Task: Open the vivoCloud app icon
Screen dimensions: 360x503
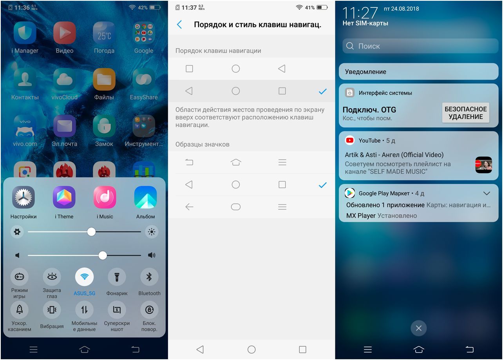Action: click(x=64, y=79)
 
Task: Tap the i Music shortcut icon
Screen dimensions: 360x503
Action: click(x=105, y=197)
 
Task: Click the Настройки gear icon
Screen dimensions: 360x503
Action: click(x=24, y=197)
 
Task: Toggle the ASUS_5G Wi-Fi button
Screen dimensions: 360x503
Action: click(x=84, y=277)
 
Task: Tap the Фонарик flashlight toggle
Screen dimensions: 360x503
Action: click(x=117, y=277)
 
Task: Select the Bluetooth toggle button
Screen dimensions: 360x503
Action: click(x=149, y=277)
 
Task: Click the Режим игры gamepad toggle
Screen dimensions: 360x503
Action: click(x=19, y=277)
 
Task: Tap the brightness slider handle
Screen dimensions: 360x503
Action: click(x=91, y=232)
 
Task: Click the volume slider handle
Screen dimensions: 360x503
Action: click(x=103, y=255)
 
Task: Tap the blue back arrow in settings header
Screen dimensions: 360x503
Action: click(x=179, y=25)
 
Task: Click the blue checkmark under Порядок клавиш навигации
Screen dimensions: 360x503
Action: click(x=322, y=91)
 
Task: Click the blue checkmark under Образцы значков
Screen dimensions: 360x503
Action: click(x=322, y=185)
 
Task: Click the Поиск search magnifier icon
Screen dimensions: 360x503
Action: click(x=350, y=46)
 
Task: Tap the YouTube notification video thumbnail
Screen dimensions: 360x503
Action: click(x=483, y=165)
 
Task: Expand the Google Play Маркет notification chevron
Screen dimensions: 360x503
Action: click(x=487, y=194)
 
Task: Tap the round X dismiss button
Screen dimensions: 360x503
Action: click(x=418, y=328)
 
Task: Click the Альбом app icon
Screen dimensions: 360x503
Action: click(x=145, y=197)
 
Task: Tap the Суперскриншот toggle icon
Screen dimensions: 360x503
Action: click(x=117, y=310)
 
